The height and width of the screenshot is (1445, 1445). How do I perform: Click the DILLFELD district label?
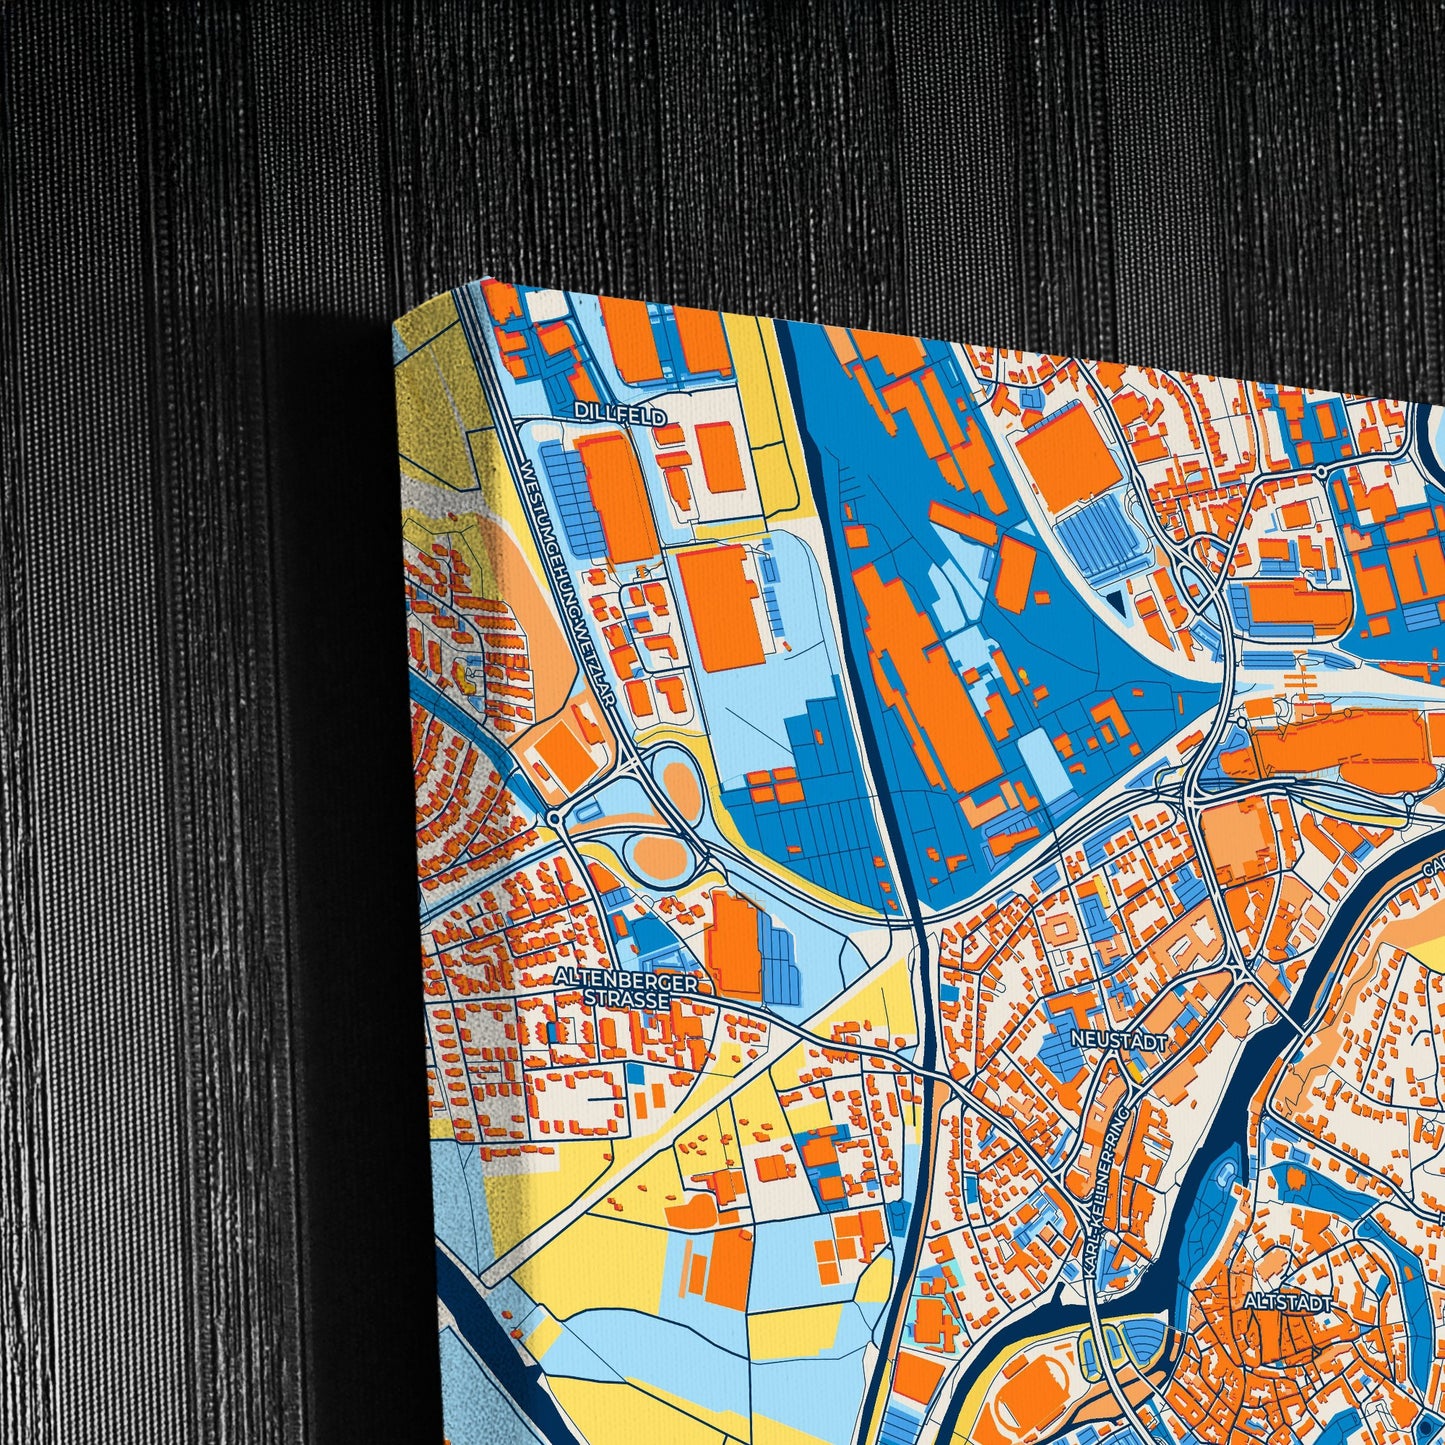620,412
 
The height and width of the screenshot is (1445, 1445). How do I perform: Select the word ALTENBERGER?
627,983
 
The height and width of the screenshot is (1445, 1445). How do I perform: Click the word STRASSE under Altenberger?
627,1000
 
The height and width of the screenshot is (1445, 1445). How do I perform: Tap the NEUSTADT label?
1118,1039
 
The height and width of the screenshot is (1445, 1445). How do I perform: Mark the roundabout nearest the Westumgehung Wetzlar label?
553,818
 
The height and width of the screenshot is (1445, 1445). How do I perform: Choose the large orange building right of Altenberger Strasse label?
734,945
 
